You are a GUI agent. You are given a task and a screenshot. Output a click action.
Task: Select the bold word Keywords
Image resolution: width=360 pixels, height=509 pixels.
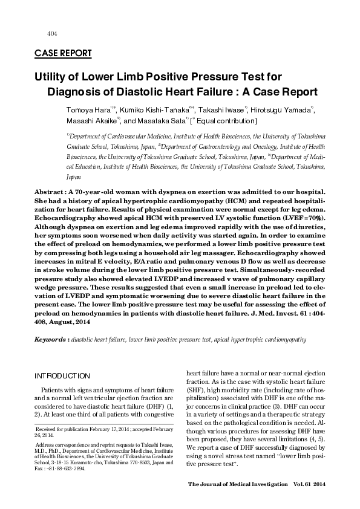click(50, 340)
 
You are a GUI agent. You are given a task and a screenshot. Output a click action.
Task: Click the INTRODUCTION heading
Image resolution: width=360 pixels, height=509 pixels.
click(62, 375)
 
